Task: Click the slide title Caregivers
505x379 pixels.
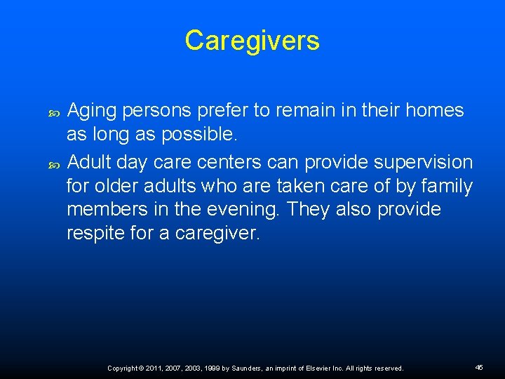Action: point(252,41)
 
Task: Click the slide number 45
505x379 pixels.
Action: point(479,367)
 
